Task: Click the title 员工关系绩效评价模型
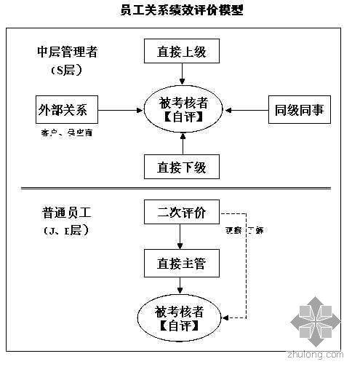180,10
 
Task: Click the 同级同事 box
299,111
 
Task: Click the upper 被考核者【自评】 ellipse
182,110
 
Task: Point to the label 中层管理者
68,52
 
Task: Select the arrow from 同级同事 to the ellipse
248,111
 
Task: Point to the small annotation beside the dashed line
244,230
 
